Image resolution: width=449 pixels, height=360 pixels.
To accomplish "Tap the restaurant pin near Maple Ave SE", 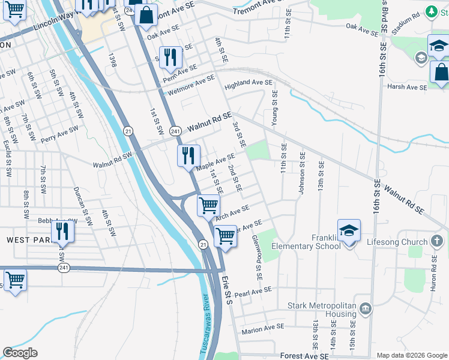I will coord(188,156).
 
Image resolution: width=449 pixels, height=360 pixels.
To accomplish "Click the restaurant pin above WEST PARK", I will coord(62,231).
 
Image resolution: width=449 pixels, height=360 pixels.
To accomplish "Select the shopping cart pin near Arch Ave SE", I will coord(208,205).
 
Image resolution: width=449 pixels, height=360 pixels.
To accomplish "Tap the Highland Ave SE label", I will coord(249,85).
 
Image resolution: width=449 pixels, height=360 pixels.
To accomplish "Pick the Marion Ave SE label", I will coord(262,329).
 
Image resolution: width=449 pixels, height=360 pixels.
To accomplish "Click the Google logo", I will coord(20,353).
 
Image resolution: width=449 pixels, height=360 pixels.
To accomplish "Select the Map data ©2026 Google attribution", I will coord(411,355).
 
